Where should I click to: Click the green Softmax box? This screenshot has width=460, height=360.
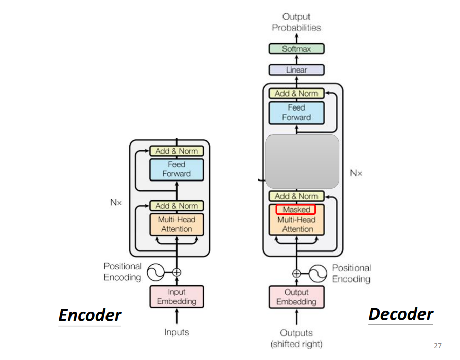296,49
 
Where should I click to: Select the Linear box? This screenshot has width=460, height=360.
296,70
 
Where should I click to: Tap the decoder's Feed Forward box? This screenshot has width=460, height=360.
296,113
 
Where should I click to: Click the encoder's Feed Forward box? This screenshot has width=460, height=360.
176,169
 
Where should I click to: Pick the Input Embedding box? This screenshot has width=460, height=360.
176,297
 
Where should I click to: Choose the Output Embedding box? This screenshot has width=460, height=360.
296,297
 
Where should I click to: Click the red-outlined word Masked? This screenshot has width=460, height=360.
296,210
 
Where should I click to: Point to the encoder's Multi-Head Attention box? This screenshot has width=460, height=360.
176,225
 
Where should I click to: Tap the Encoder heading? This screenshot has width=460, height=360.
90,315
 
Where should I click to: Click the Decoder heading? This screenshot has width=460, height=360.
401,314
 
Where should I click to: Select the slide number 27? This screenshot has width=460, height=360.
437,346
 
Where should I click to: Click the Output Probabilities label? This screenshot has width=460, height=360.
296,22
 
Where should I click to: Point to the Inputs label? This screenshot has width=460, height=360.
176,332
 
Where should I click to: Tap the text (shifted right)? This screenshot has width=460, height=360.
296,344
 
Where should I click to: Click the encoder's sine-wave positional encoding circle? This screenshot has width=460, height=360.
156,272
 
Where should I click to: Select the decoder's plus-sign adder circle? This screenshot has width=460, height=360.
297,274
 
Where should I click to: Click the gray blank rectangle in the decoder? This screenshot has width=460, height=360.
302,161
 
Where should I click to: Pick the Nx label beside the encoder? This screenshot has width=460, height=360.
116,202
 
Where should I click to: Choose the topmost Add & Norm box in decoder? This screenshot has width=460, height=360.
296,93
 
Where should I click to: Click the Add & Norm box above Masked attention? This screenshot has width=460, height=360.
296,196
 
